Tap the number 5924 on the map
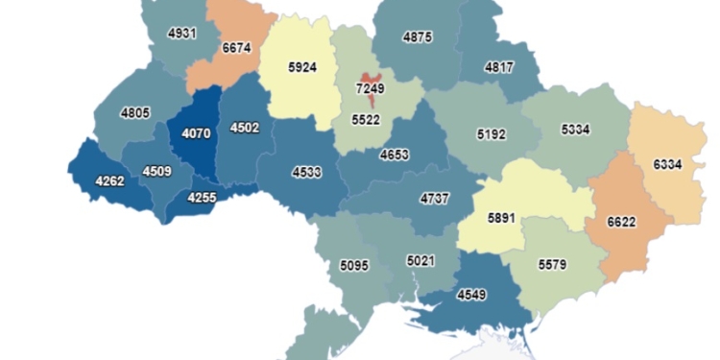click(303, 68)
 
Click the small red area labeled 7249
click(371, 88)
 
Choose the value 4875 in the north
click(415, 37)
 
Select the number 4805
click(134, 113)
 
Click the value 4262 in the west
click(109, 179)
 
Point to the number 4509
click(158, 172)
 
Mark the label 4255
click(202, 197)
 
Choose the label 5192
click(495, 135)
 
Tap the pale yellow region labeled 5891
click(502, 217)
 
